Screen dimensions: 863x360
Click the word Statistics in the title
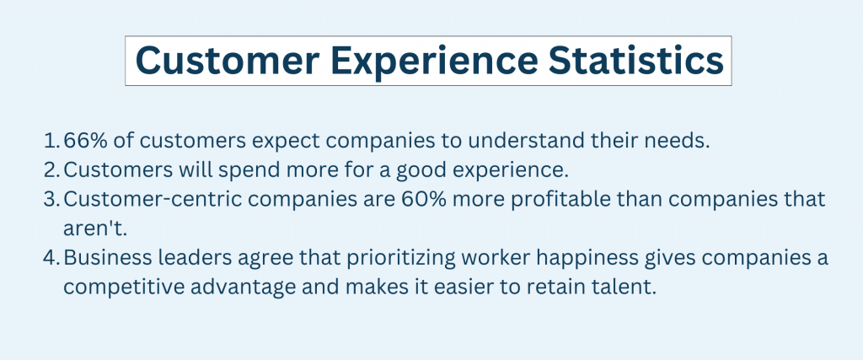[635, 61]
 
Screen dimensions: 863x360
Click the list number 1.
[51, 140]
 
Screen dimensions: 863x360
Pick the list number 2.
[51, 170]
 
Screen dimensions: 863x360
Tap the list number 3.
[51, 199]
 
